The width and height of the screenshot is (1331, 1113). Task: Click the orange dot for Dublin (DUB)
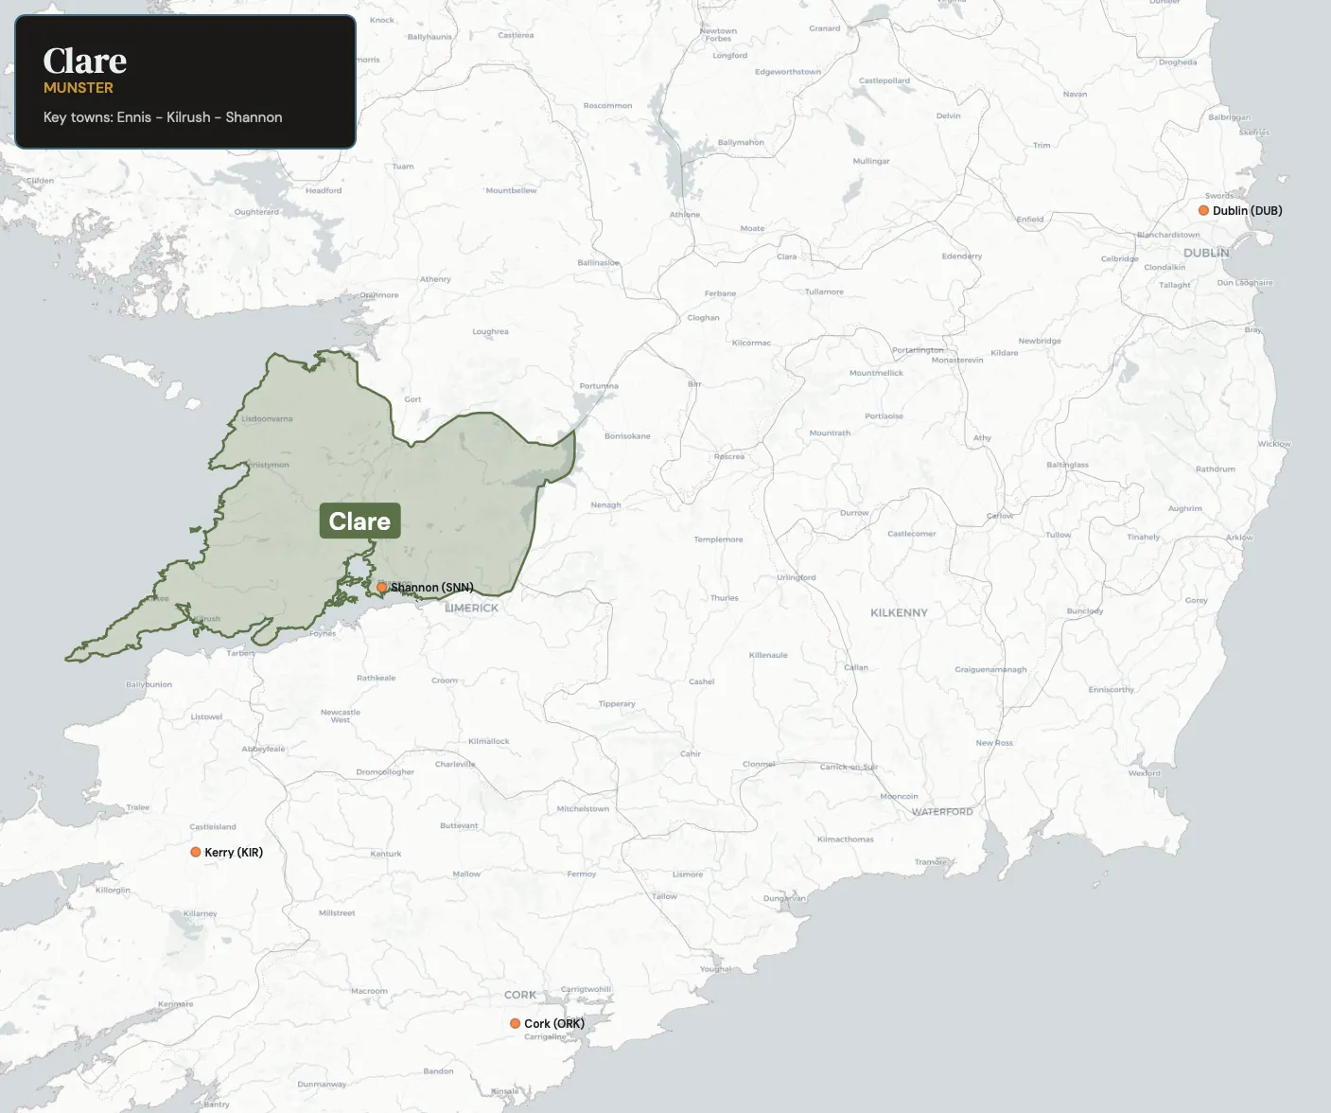(x=1203, y=210)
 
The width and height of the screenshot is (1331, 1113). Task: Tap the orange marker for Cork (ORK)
(x=515, y=1023)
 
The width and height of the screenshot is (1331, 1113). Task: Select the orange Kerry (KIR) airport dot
(x=196, y=852)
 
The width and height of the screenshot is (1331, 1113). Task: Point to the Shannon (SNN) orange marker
(x=382, y=587)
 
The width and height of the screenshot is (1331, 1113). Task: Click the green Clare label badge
(x=359, y=521)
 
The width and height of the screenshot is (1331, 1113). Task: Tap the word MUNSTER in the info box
(x=79, y=88)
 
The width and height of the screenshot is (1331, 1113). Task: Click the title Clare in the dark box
(x=85, y=61)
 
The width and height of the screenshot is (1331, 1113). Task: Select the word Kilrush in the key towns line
(x=188, y=117)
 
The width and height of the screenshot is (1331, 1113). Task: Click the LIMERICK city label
(x=471, y=608)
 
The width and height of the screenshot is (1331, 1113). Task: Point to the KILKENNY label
(x=899, y=612)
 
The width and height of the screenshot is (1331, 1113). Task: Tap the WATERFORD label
(x=942, y=812)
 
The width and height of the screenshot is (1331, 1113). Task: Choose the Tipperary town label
(x=617, y=704)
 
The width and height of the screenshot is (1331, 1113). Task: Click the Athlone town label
(x=685, y=215)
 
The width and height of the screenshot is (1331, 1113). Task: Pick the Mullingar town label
(x=871, y=161)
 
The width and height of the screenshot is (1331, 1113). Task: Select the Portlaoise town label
(x=884, y=416)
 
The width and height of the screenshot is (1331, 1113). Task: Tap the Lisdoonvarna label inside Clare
(x=267, y=418)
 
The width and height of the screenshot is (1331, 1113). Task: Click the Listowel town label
(x=206, y=716)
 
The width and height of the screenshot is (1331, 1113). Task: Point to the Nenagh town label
(x=605, y=505)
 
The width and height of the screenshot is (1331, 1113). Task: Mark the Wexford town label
(x=1145, y=773)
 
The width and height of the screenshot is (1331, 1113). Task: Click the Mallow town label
(x=466, y=874)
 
